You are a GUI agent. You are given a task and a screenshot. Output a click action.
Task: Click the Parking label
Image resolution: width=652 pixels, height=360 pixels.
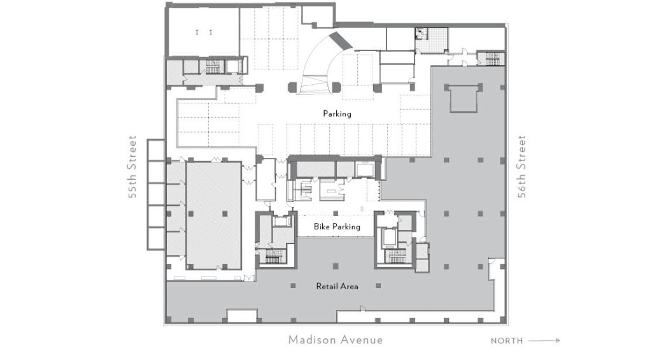point(337,113)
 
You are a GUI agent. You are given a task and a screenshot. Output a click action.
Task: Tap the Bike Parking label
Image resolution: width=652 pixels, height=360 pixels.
point(337,227)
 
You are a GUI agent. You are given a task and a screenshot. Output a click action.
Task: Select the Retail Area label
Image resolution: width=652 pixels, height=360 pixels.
point(337,286)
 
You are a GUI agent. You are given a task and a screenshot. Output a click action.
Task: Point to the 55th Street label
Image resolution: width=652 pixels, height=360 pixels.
point(132,166)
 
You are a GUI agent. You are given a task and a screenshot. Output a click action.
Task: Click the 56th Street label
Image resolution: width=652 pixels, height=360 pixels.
point(521,166)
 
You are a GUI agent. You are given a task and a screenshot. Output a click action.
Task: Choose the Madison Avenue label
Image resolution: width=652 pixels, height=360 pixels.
point(336,340)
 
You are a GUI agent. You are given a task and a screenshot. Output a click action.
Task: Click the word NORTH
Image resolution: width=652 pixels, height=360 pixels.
point(507,341)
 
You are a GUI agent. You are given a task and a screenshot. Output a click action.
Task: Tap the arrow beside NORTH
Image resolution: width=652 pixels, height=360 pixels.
point(544,340)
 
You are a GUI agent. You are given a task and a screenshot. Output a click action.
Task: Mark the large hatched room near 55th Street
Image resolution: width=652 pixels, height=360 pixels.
point(214,215)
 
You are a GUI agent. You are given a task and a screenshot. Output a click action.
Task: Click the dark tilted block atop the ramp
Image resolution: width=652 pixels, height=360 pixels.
point(341,40)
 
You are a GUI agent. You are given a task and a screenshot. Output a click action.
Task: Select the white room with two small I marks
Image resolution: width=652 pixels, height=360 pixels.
point(203,32)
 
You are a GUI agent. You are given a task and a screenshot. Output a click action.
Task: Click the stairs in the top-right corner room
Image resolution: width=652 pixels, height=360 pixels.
point(492,59)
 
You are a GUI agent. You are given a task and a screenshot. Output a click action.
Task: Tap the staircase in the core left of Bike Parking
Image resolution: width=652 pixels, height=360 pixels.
point(274,256)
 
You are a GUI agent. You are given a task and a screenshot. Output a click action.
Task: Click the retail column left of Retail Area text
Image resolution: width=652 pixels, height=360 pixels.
point(293,286)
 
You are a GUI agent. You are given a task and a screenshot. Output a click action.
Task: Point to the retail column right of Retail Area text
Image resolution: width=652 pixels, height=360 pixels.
point(378,286)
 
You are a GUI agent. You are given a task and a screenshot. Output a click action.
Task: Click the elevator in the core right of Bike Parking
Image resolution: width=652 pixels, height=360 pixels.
point(389,237)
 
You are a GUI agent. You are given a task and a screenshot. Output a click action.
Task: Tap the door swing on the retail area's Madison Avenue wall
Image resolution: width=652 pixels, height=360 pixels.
point(362,308)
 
